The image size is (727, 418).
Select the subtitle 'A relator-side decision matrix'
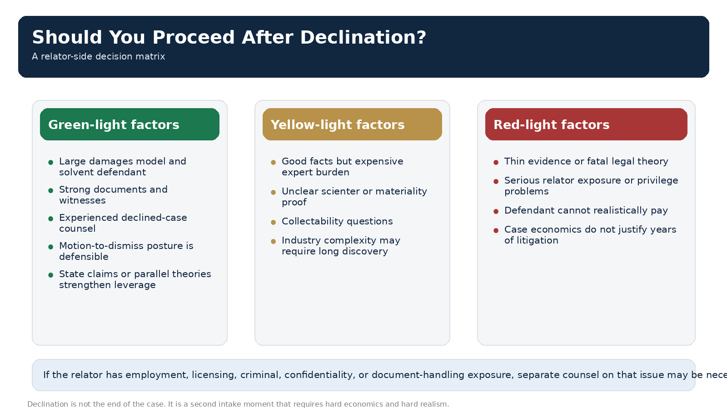coord(98,57)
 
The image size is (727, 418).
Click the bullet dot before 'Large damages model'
coord(51,162)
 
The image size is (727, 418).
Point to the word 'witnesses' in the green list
coord(82,200)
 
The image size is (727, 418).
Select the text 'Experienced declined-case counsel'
coord(123,223)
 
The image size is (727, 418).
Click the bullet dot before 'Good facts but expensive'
coord(274,162)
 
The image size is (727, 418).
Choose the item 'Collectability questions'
coord(337,221)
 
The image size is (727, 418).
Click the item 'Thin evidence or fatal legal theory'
coord(586,161)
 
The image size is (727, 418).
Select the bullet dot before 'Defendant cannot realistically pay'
coord(496,211)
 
